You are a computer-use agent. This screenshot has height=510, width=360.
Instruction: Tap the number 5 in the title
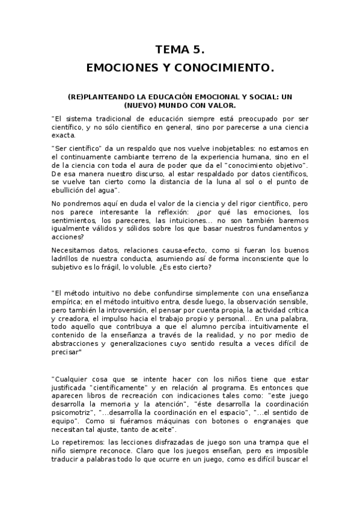click(201, 51)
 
